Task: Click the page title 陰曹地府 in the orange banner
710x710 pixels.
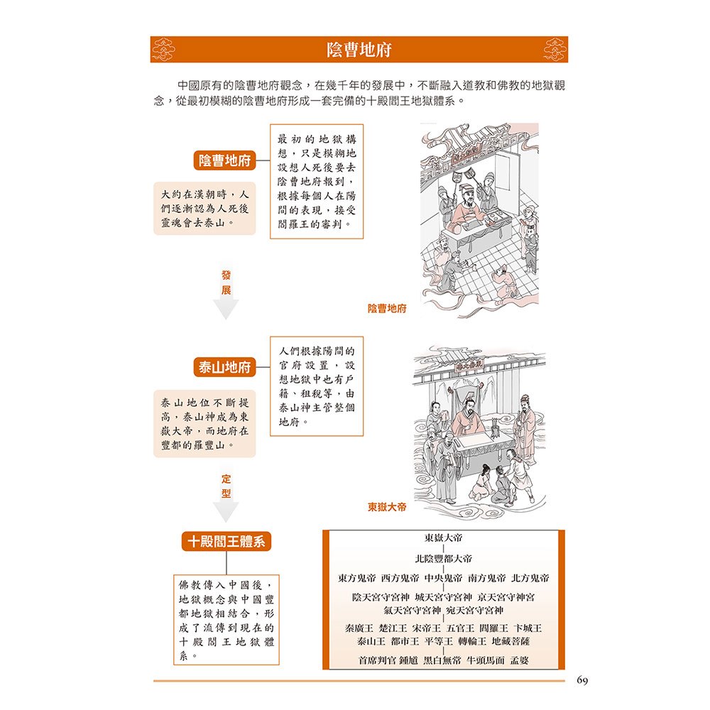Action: click(x=359, y=50)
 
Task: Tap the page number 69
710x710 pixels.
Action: click(x=582, y=681)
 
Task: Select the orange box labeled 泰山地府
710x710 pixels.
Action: click(x=224, y=368)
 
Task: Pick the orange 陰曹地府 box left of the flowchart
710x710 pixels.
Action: click(x=224, y=160)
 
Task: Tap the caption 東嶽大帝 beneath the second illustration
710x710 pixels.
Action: click(x=387, y=508)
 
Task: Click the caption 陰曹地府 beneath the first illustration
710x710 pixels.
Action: click(x=387, y=308)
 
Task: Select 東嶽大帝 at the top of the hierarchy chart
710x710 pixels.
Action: click(x=444, y=540)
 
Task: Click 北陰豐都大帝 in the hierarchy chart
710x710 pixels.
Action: click(x=444, y=559)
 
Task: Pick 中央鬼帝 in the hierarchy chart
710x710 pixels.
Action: click(x=444, y=578)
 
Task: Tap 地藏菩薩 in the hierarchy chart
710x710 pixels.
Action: click(x=520, y=641)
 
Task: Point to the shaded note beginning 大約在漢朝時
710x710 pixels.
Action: click(x=204, y=212)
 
